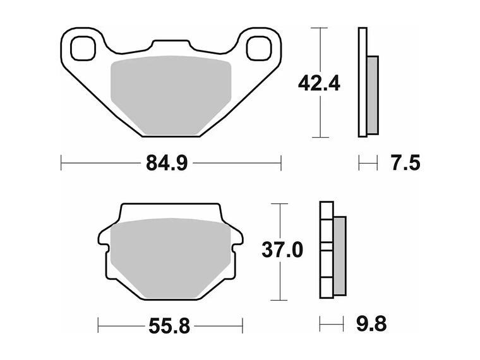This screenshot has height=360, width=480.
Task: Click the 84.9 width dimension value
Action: click(x=167, y=163)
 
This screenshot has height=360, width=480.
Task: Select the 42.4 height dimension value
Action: click(x=319, y=83)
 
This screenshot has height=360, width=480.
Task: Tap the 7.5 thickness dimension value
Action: click(x=405, y=163)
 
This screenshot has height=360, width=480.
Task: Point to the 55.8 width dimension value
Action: click(x=169, y=326)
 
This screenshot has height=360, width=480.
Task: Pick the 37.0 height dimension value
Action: click(x=282, y=249)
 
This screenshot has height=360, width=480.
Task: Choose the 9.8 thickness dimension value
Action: click(x=371, y=323)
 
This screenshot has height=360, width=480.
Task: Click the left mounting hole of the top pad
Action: click(x=83, y=48)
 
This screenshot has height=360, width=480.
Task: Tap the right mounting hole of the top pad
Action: click(x=260, y=48)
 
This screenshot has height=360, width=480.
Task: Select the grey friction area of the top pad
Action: click(x=171, y=95)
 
